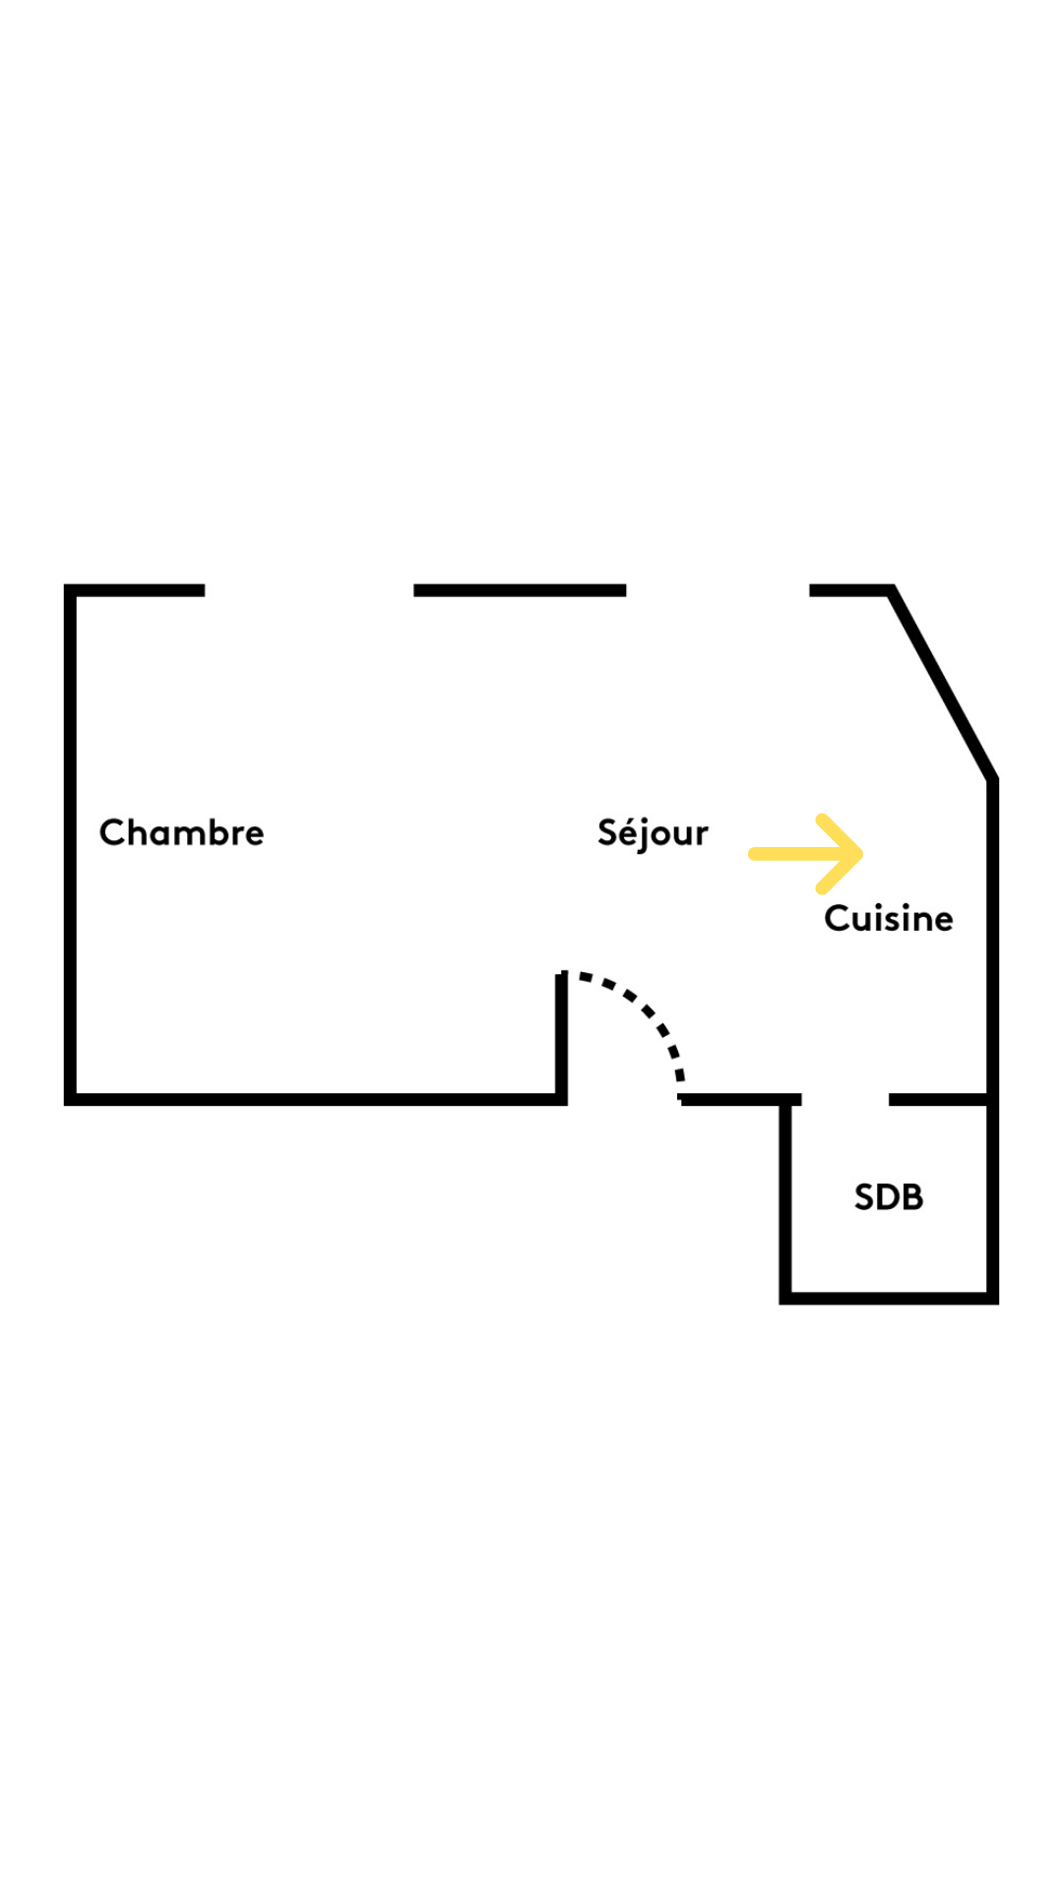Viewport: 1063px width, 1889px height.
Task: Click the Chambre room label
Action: click(182, 832)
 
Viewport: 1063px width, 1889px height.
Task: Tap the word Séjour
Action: click(653, 833)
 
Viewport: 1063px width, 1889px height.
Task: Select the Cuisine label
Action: click(889, 918)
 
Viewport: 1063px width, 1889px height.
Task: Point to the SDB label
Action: click(889, 1197)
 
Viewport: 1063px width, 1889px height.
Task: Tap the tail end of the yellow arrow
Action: click(754, 854)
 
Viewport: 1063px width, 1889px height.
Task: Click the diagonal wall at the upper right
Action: click(943, 685)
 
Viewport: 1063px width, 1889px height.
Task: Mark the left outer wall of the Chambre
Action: click(70, 844)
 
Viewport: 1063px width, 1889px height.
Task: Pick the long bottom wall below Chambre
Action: click(316, 1100)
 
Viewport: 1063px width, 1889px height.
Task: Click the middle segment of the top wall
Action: click(520, 590)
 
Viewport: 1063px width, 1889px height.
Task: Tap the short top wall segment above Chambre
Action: click(135, 590)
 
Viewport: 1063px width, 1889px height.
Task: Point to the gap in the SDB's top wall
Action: click(845, 1099)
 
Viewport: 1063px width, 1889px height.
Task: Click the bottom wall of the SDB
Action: click(889, 1299)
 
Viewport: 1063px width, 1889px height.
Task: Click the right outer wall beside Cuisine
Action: click(993, 1041)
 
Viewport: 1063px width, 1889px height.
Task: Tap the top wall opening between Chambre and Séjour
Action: click(309, 590)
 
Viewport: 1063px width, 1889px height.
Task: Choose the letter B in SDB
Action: click(912, 1197)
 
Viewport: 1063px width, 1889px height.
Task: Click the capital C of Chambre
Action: click(112, 832)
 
